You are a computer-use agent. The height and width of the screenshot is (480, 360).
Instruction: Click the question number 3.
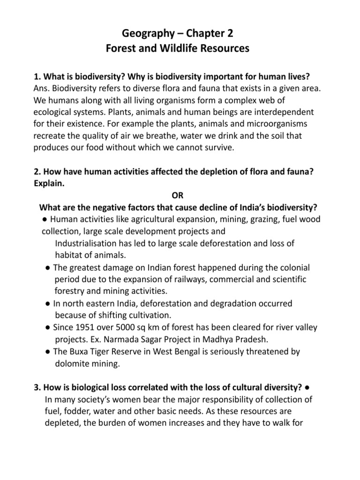36,388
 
